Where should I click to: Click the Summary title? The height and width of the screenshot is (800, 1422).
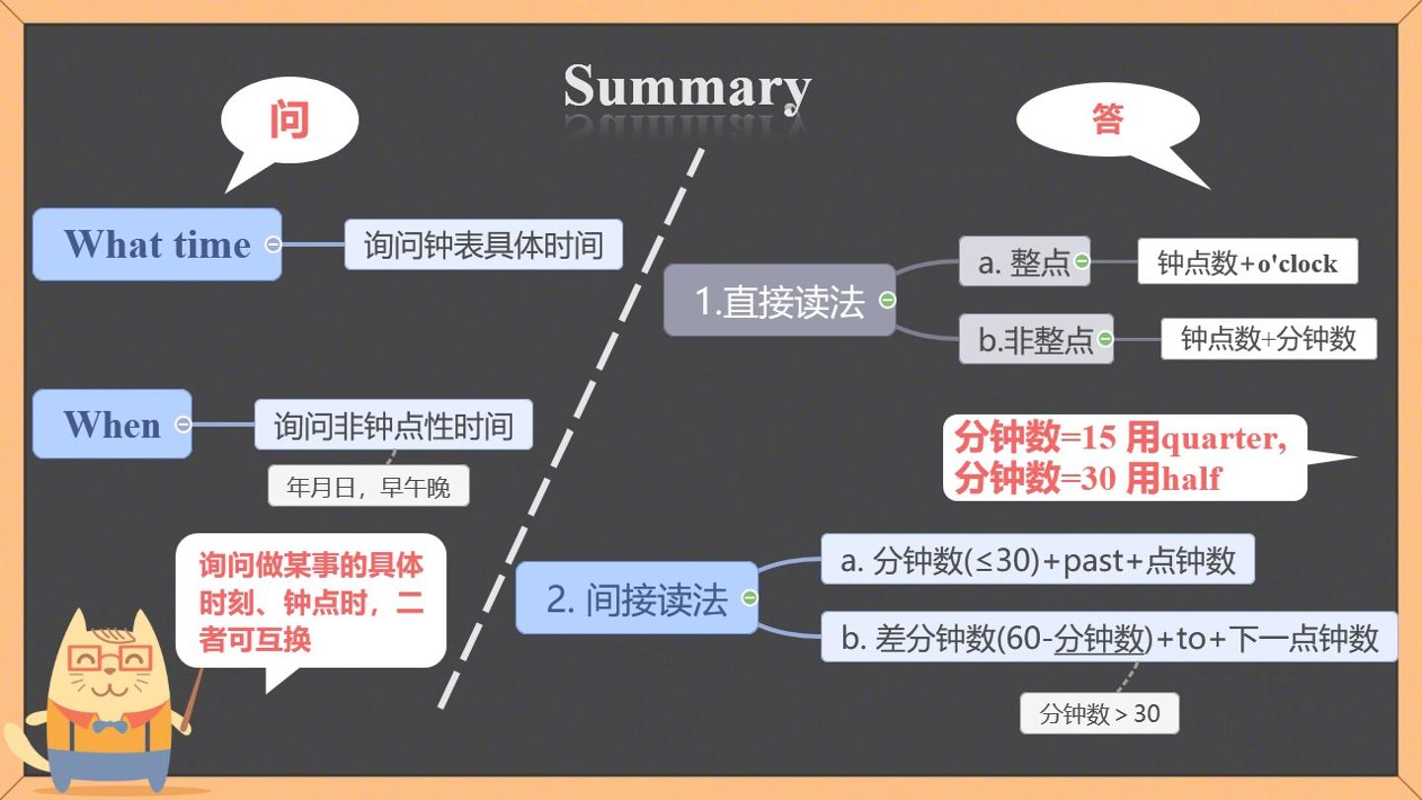tap(687, 88)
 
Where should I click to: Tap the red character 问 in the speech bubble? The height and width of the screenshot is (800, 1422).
tap(289, 120)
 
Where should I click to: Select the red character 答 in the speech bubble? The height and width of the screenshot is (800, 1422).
tap(1108, 119)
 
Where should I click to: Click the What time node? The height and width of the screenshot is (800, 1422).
tap(157, 245)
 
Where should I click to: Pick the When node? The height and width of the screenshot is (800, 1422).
tap(113, 424)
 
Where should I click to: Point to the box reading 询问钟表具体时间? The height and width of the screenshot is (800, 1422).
tap(484, 245)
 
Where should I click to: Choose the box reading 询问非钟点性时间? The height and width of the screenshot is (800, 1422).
tap(394, 425)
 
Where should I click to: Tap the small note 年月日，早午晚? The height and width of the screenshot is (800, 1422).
tap(368, 486)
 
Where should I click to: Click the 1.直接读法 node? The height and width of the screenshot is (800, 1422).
tap(779, 300)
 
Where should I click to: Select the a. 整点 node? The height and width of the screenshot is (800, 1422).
tap(1025, 262)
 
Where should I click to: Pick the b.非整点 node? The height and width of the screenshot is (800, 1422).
tap(1036, 339)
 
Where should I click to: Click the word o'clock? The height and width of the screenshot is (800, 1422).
tap(1297, 264)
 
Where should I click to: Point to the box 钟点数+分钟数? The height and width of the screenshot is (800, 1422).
tap(1269, 339)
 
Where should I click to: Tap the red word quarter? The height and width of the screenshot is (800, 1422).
tap(1222, 439)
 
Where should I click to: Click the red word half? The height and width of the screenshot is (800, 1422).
tap(1192, 478)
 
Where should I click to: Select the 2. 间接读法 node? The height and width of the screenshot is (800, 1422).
tap(637, 599)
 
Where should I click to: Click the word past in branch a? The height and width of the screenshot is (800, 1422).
tap(1094, 561)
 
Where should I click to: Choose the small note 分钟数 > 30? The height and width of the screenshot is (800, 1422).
tap(1099, 714)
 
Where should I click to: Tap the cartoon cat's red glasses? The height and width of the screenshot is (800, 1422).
tap(110, 659)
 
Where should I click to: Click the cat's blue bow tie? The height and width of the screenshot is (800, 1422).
tap(110, 726)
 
